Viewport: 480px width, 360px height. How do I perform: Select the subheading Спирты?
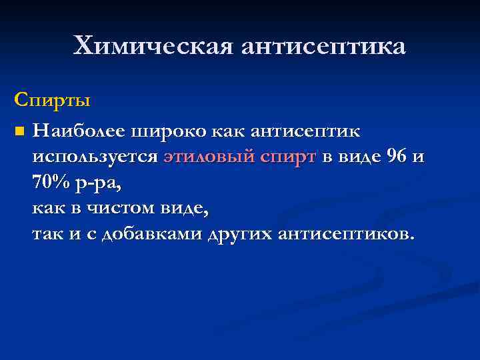[x=52, y=101]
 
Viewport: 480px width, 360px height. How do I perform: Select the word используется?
[x=95, y=157]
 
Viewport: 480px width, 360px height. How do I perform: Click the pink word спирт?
[x=285, y=157]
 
